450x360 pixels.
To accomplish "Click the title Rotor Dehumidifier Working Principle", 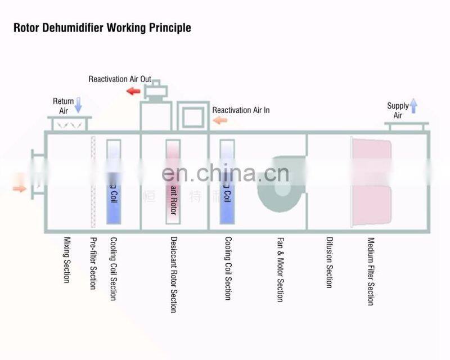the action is [102, 28].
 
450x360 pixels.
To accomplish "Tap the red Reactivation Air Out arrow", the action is [133, 91].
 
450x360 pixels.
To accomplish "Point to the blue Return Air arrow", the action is [78, 104].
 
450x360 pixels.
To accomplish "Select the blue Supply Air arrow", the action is [413, 105].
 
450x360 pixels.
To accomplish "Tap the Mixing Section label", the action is [66, 259].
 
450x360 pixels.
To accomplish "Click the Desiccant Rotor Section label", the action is [173, 274].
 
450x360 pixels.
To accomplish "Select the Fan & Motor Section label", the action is [280, 269].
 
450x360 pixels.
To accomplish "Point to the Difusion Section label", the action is [330, 262].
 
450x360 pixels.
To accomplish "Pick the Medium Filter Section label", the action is [371, 271].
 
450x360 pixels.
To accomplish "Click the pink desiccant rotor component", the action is [172, 182].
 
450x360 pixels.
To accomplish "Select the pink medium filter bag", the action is [371, 181].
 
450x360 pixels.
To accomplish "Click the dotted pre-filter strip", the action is [93, 181].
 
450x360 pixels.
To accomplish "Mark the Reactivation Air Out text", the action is [120, 79].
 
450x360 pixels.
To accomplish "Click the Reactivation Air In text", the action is [241, 110].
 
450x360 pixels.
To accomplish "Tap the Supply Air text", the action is [398, 110].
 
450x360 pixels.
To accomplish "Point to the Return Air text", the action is [64, 106].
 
